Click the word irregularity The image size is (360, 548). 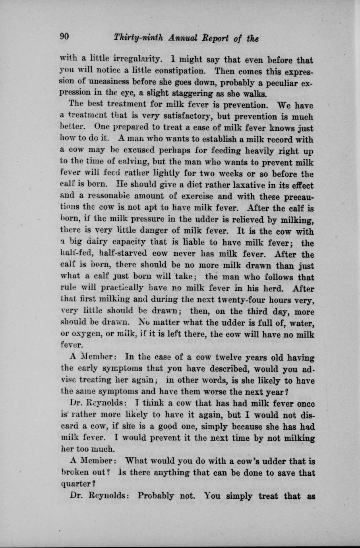click(x=137, y=60)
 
